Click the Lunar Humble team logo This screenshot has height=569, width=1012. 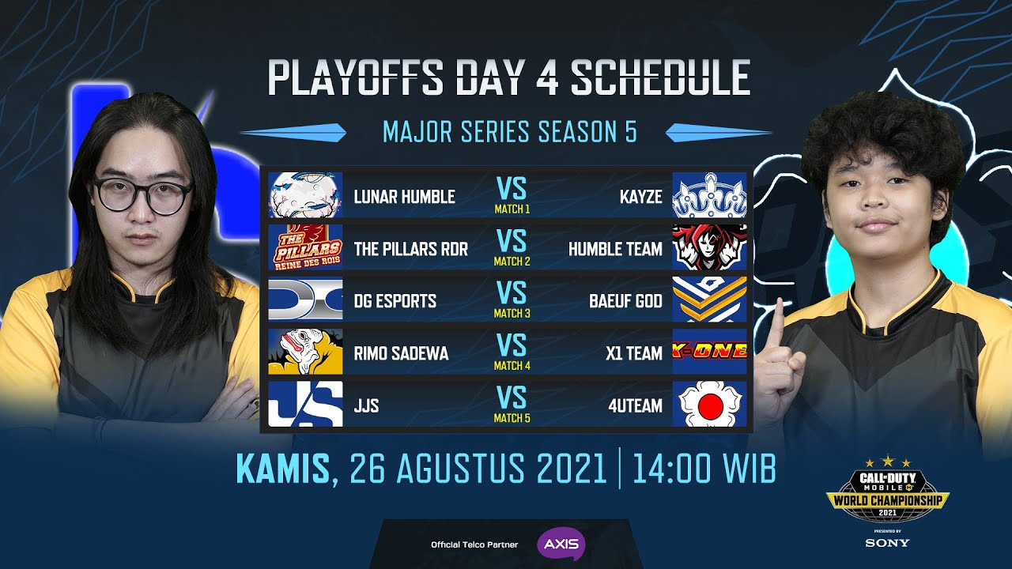(x=305, y=195)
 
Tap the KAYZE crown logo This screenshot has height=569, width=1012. (x=709, y=195)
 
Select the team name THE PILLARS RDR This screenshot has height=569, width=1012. (x=410, y=249)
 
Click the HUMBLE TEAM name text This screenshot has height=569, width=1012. (x=615, y=249)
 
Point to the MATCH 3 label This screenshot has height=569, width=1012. (x=512, y=314)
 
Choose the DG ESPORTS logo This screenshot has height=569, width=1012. (x=305, y=300)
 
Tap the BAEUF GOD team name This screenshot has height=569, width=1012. (x=625, y=301)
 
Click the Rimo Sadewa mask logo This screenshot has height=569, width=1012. (x=305, y=352)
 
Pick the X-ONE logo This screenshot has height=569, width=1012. (x=709, y=352)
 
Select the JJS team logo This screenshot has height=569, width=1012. (x=305, y=404)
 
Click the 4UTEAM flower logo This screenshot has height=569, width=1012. (x=709, y=404)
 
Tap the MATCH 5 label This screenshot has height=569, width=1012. (x=512, y=418)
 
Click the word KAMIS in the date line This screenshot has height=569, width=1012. (x=283, y=469)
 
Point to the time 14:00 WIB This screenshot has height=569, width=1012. (x=704, y=469)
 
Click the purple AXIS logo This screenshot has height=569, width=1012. (x=561, y=545)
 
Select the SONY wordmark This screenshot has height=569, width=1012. (x=887, y=543)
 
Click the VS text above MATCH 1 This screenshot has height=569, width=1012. (x=512, y=188)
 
